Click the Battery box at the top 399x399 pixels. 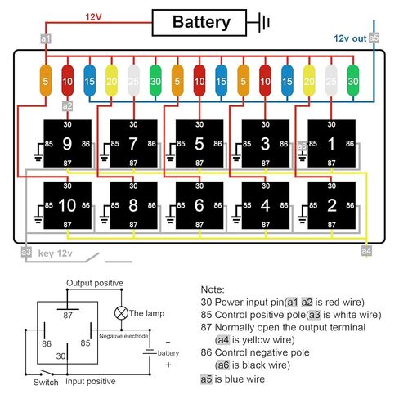pos(199,23)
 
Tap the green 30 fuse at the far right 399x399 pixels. pos(353,81)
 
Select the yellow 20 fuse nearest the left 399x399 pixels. pos(111,81)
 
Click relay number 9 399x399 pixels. pos(68,144)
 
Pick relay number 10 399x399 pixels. pos(68,205)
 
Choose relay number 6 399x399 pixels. pos(199,205)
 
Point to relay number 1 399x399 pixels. pos(331,144)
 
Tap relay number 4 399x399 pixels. pos(266,205)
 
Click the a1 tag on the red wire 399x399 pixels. pos(46,38)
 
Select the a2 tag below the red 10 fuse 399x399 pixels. pos(67,106)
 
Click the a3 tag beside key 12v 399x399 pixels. pos(26,252)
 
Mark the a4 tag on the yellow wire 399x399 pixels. pos(366,251)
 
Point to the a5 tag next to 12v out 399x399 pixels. pos(374,38)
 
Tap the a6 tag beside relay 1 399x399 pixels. pos(302,146)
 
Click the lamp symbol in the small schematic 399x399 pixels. pos(121,313)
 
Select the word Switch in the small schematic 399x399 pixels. pos(46,382)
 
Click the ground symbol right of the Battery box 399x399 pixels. pos(263,23)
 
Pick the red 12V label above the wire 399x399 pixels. pos(93,17)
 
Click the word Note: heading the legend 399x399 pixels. pos(213,289)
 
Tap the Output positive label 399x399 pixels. pos(95,283)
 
